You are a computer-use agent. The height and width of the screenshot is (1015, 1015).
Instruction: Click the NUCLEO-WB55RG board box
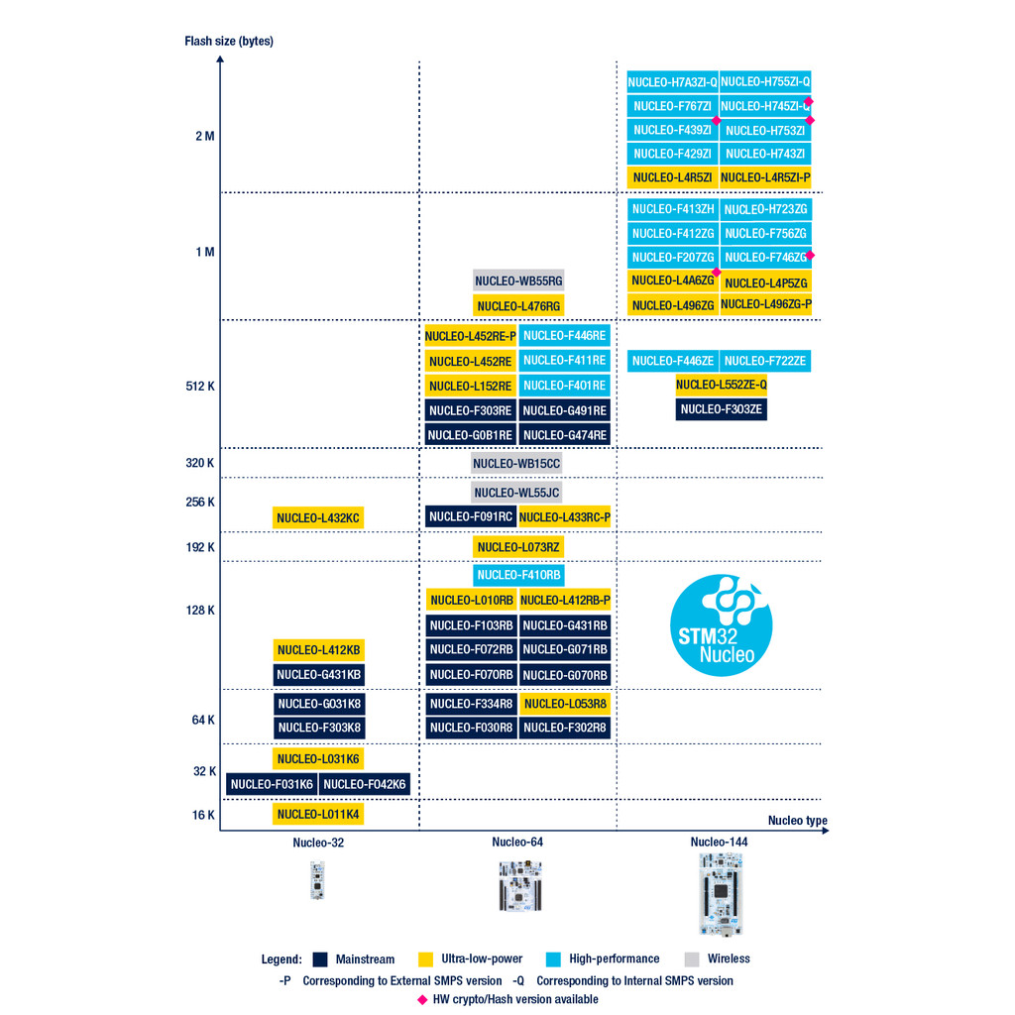coord(518,282)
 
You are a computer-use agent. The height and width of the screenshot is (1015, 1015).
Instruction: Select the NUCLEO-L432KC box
coord(318,517)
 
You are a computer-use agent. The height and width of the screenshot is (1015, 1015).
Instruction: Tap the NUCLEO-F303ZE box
coord(722,408)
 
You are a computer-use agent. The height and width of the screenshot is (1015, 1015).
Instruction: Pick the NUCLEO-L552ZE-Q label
coord(722,385)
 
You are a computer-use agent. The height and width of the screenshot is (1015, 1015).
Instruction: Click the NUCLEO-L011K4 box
coord(318,814)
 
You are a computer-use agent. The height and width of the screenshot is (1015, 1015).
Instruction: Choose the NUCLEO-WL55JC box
coord(516,493)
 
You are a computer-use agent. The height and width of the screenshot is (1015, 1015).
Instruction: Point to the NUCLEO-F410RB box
coord(518,575)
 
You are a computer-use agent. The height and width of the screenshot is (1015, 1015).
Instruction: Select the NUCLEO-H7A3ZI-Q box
coord(672,82)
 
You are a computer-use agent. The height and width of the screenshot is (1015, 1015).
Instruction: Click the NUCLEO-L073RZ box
coord(518,547)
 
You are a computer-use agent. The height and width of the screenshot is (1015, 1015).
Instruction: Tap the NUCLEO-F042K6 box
coord(365,784)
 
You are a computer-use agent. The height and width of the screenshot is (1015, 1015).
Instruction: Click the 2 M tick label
coord(204,136)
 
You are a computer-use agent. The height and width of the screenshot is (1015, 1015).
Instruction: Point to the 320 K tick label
coord(200,463)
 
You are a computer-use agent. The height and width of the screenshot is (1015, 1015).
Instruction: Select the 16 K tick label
coord(203,815)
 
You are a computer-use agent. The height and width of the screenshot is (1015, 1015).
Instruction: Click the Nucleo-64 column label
coord(517,843)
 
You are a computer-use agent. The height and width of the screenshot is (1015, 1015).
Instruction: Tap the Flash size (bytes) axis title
coord(229,42)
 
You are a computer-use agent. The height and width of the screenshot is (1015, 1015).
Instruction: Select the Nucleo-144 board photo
coord(721,893)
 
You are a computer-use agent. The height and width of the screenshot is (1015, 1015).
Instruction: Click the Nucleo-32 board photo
coord(318,880)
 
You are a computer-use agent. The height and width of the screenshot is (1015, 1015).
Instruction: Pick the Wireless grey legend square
coord(692,959)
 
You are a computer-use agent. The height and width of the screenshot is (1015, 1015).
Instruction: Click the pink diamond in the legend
coord(423,999)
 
